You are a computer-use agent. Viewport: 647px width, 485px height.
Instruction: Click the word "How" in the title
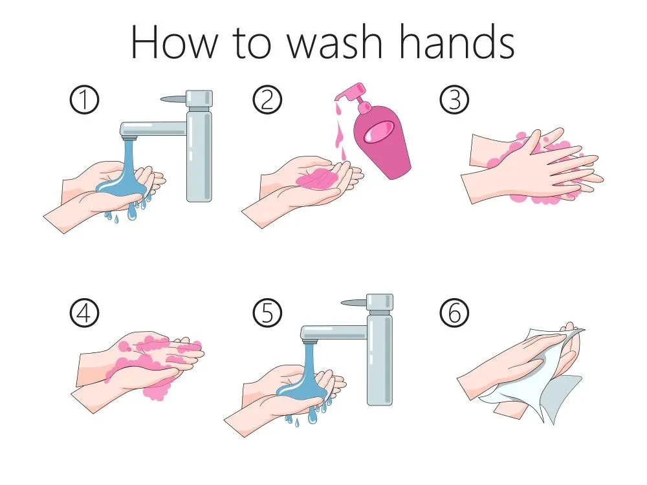pyautogui.click(x=174, y=42)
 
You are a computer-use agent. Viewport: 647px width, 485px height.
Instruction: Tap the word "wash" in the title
pyautogui.click(x=334, y=42)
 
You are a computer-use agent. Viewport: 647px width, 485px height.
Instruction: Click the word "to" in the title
pyautogui.click(x=252, y=43)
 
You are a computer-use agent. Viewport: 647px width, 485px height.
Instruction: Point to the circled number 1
pyautogui.click(x=84, y=100)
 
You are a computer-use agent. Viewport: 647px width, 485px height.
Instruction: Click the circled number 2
pyautogui.click(x=267, y=100)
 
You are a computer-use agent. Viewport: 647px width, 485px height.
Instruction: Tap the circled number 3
pyautogui.click(x=454, y=100)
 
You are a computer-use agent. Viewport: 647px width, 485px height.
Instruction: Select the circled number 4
pyautogui.click(x=84, y=312)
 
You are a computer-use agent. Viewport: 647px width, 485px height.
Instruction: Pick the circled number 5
pyautogui.click(x=267, y=312)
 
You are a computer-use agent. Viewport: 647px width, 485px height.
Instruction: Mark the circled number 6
pyautogui.click(x=454, y=312)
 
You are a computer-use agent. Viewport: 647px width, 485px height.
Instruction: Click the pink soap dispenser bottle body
pyautogui.click(x=382, y=142)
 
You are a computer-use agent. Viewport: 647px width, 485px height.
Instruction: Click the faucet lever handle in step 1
pyautogui.click(x=173, y=99)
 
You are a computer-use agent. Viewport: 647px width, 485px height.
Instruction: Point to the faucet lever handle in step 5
pyautogui.click(x=354, y=303)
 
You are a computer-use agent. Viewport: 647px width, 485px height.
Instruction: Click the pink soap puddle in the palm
pyautogui.click(x=317, y=179)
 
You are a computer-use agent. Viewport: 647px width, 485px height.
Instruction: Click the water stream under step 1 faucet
pyautogui.click(x=127, y=173)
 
